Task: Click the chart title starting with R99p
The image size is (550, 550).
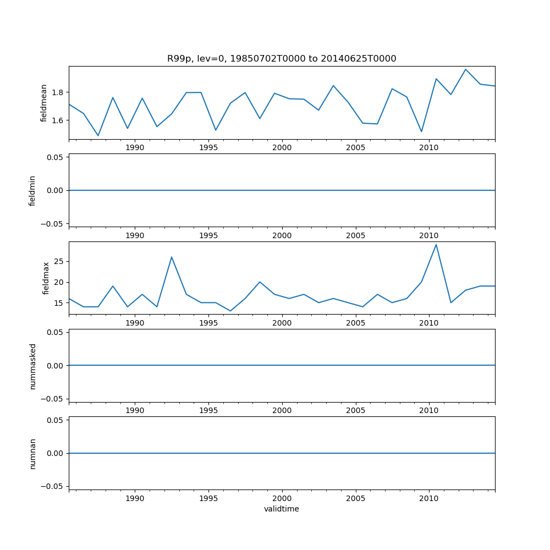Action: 282,59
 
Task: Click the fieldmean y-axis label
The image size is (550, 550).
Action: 43,103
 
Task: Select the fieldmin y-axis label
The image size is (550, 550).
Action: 32,190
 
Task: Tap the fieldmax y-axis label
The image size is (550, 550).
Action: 47,278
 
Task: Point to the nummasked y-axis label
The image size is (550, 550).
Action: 32,366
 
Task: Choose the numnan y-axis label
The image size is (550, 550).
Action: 32,453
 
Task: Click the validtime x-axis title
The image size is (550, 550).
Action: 282,509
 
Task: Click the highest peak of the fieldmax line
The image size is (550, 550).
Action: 436,245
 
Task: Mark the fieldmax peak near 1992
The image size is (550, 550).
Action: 172,257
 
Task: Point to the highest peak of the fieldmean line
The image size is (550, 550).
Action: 465,69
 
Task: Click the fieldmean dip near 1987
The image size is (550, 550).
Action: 98,135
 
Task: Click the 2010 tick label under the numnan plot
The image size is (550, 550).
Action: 429,499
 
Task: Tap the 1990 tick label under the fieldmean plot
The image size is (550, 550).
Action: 135,148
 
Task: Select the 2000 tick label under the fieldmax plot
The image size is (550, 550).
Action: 282,323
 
